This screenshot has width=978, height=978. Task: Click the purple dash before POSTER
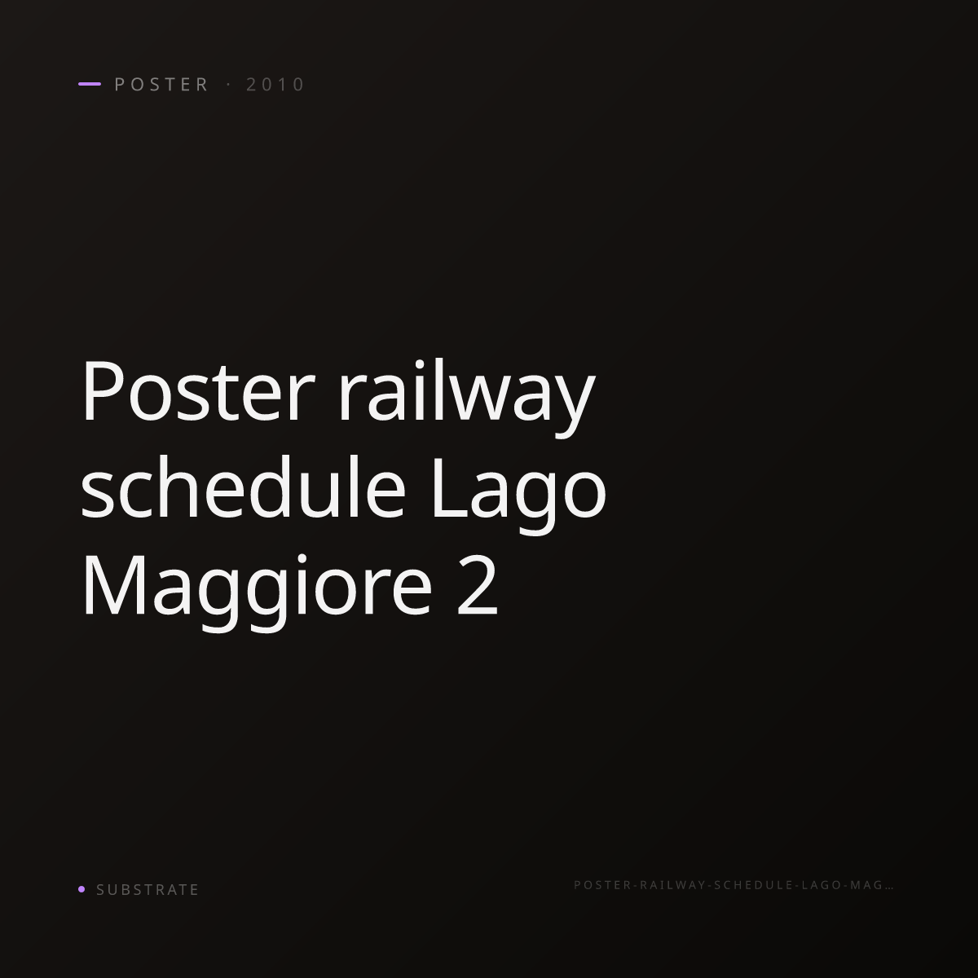[90, 84]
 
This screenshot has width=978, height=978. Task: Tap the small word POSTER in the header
[161, 84]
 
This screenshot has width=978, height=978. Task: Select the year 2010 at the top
[275, 84]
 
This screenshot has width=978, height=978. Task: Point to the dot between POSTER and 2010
[229, 84]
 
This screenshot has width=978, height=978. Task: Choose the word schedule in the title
[243, 487]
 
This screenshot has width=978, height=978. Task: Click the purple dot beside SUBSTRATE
[81, 888]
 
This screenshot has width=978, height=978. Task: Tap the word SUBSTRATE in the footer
[148, 890]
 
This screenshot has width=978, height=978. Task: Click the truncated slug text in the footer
[733, 885]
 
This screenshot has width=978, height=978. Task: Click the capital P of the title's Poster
[104, 391]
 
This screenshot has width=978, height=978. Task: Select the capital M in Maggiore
[113, 585]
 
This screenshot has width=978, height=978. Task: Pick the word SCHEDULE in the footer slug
[753, 885]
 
